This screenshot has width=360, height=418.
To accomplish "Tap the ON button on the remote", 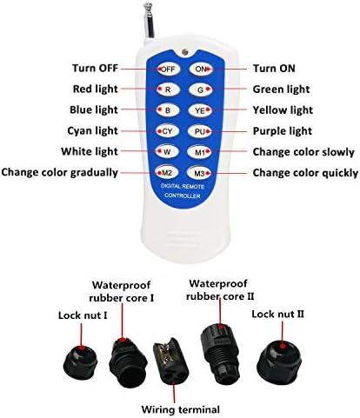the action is [x=201, y=69].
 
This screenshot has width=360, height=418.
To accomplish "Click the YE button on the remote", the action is [x=200, y=110].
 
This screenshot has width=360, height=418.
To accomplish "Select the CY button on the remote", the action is [x=168, y=131].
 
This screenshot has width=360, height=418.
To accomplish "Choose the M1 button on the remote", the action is [x=200, y=152].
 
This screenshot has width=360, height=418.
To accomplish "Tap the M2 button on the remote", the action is [x=167, y=173].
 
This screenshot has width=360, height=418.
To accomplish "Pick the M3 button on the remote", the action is [x=199, y=173].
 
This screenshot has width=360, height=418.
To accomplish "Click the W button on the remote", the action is [x=167, y=151].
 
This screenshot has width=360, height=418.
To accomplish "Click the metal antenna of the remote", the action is [x=149, y=20].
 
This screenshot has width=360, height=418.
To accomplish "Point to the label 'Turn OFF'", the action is [x=95, y=69].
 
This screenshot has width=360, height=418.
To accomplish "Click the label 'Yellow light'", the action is [x=283, y=110].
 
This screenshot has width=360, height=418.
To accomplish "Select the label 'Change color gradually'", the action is [x=60, y=172].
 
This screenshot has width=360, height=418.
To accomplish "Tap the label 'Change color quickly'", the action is [x=305, y=173].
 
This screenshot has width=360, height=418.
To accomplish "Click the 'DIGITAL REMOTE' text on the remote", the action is [x=183, y=186].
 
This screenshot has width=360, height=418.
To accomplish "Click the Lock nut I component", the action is [x=80, y=362].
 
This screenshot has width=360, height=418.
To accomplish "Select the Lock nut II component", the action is [x=280, y=361].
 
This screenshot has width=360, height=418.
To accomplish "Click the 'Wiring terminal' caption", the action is [x=180, y=409].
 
